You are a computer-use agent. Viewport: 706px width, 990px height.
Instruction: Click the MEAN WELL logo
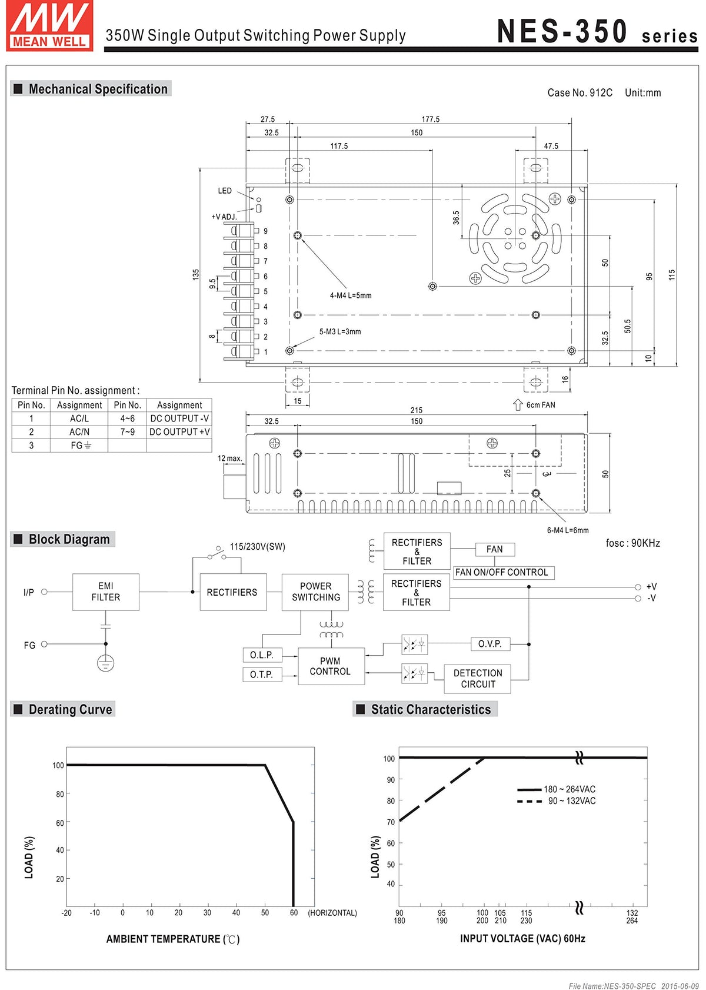pyautogui.click(x=49, y=26)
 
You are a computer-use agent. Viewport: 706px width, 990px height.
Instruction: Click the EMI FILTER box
pyautogui.click(x=105, y=592)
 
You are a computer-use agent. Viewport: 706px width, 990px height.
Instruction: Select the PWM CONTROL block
pyautogui.click(x=331, y=666)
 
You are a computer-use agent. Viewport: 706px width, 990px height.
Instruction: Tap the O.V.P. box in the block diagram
pyautogui.click(x=490, y=644)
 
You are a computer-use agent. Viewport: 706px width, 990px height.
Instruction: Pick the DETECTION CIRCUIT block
pyautogui.click(x=477, y=679)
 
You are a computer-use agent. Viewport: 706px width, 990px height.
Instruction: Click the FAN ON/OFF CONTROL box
pyautogui.click(x=503, y=572)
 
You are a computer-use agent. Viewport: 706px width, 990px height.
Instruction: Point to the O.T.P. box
pyautogui.click(x=262, y=675)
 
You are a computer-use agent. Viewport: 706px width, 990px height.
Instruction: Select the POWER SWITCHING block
pyautogui.click(x=315, y=592)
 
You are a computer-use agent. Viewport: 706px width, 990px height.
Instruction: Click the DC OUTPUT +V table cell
pyautogui.click(x=179, y=432)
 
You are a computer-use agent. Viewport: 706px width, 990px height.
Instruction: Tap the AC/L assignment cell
pyautogui.click(x=79, y=418)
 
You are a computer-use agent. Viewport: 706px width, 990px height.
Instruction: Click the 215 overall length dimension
pyautogui.click(x=416, y=410)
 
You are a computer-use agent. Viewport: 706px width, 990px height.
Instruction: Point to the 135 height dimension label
pyautogui.click(x=196, y=274)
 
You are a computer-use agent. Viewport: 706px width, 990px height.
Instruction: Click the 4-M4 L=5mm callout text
pyautogui.click(x=350, y=295)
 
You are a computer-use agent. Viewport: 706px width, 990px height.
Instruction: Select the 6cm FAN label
pyautogui.click(x=540, y=405)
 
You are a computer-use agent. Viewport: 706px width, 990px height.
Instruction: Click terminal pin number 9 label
pyautogui.click(x=265, y=231)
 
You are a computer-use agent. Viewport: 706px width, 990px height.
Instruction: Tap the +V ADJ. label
pyautogui.click(x=224, y=217)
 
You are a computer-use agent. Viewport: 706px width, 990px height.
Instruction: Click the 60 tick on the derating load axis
pyautogui.click(x=59, y=822)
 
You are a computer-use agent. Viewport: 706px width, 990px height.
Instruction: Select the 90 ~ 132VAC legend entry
pyautogui.click(x=556, y=801)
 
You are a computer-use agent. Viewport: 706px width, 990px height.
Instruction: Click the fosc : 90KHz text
pyautogui.click(x=632, y=543)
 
